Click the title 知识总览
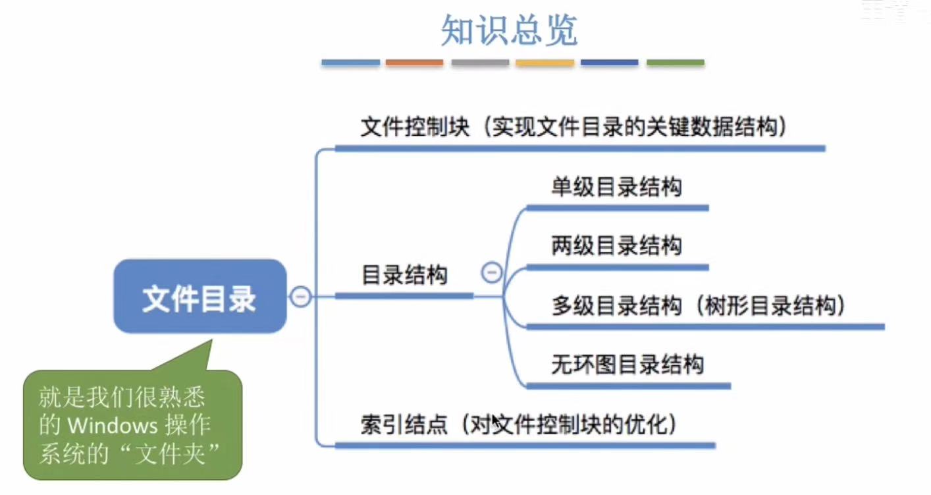coord(509,30)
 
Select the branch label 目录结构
coord(404,275)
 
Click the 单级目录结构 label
coord(616,187)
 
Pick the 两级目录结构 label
coord(616,246)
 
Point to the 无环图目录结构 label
coord(627,364)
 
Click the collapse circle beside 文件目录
coord(300,297)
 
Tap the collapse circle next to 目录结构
coord(491,272)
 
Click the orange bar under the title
coord(414,63)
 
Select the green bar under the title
coord(675,63)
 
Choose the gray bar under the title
coord(480,63)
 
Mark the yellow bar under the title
coord(545,63)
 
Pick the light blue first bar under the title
coord(350,63)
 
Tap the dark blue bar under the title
coord(609,63)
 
